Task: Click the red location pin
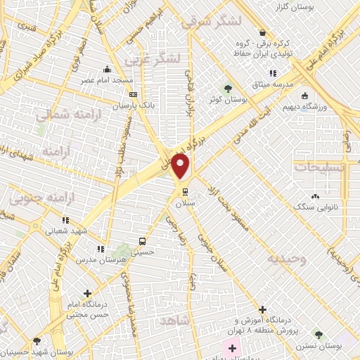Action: click(x=181, y=167)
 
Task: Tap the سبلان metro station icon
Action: click(x=185, y=191)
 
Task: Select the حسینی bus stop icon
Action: click(x=143, y=240)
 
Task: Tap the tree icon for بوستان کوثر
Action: click(x=227, y=88)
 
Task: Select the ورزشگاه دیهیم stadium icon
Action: click(x=304, y=96)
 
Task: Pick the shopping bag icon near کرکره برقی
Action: click(x=262, y=32)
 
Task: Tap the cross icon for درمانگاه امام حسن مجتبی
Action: click(x=87, y=293)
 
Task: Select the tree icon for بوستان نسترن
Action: click(x=318, y=335)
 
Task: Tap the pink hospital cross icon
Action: click(x=232, y=348)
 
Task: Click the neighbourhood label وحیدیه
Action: click(x=286, y=258)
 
